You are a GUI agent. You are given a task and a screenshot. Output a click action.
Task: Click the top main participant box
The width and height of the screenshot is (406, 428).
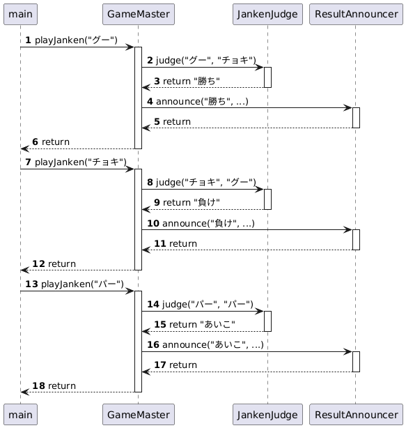click(20, 14)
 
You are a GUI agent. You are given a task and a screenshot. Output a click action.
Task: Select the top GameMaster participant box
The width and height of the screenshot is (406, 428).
click(139, 14)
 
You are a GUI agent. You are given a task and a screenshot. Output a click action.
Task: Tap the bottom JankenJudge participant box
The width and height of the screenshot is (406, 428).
click(267, 414)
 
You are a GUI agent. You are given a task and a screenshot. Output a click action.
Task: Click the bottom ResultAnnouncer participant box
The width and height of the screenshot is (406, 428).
click(356, 414)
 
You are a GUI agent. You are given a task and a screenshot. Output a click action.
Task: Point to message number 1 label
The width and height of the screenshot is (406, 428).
click(28, 40)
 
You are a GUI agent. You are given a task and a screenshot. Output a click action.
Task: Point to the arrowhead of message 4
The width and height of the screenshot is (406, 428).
click(348, 108)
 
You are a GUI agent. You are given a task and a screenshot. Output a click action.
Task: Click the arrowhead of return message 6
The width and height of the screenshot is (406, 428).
click(24, 148)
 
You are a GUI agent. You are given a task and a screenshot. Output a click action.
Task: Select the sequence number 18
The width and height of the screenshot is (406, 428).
click(39, 385)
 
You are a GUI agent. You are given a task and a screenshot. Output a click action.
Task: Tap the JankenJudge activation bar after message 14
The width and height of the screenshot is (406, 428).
click(267, 321)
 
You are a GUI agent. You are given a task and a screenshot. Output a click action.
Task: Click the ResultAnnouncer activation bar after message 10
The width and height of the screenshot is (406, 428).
click(356, 240)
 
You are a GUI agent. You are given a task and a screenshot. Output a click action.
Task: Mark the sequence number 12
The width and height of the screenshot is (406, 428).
click(39, 264)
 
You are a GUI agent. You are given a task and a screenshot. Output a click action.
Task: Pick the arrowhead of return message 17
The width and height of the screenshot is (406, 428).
click(146, 372)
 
